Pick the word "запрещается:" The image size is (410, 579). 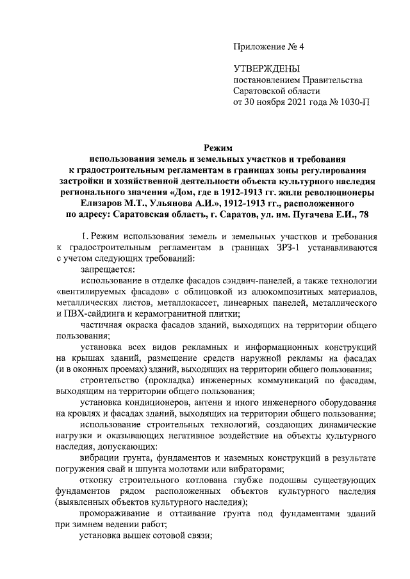tap(99, 269)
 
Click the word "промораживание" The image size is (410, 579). tap(111, 513)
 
